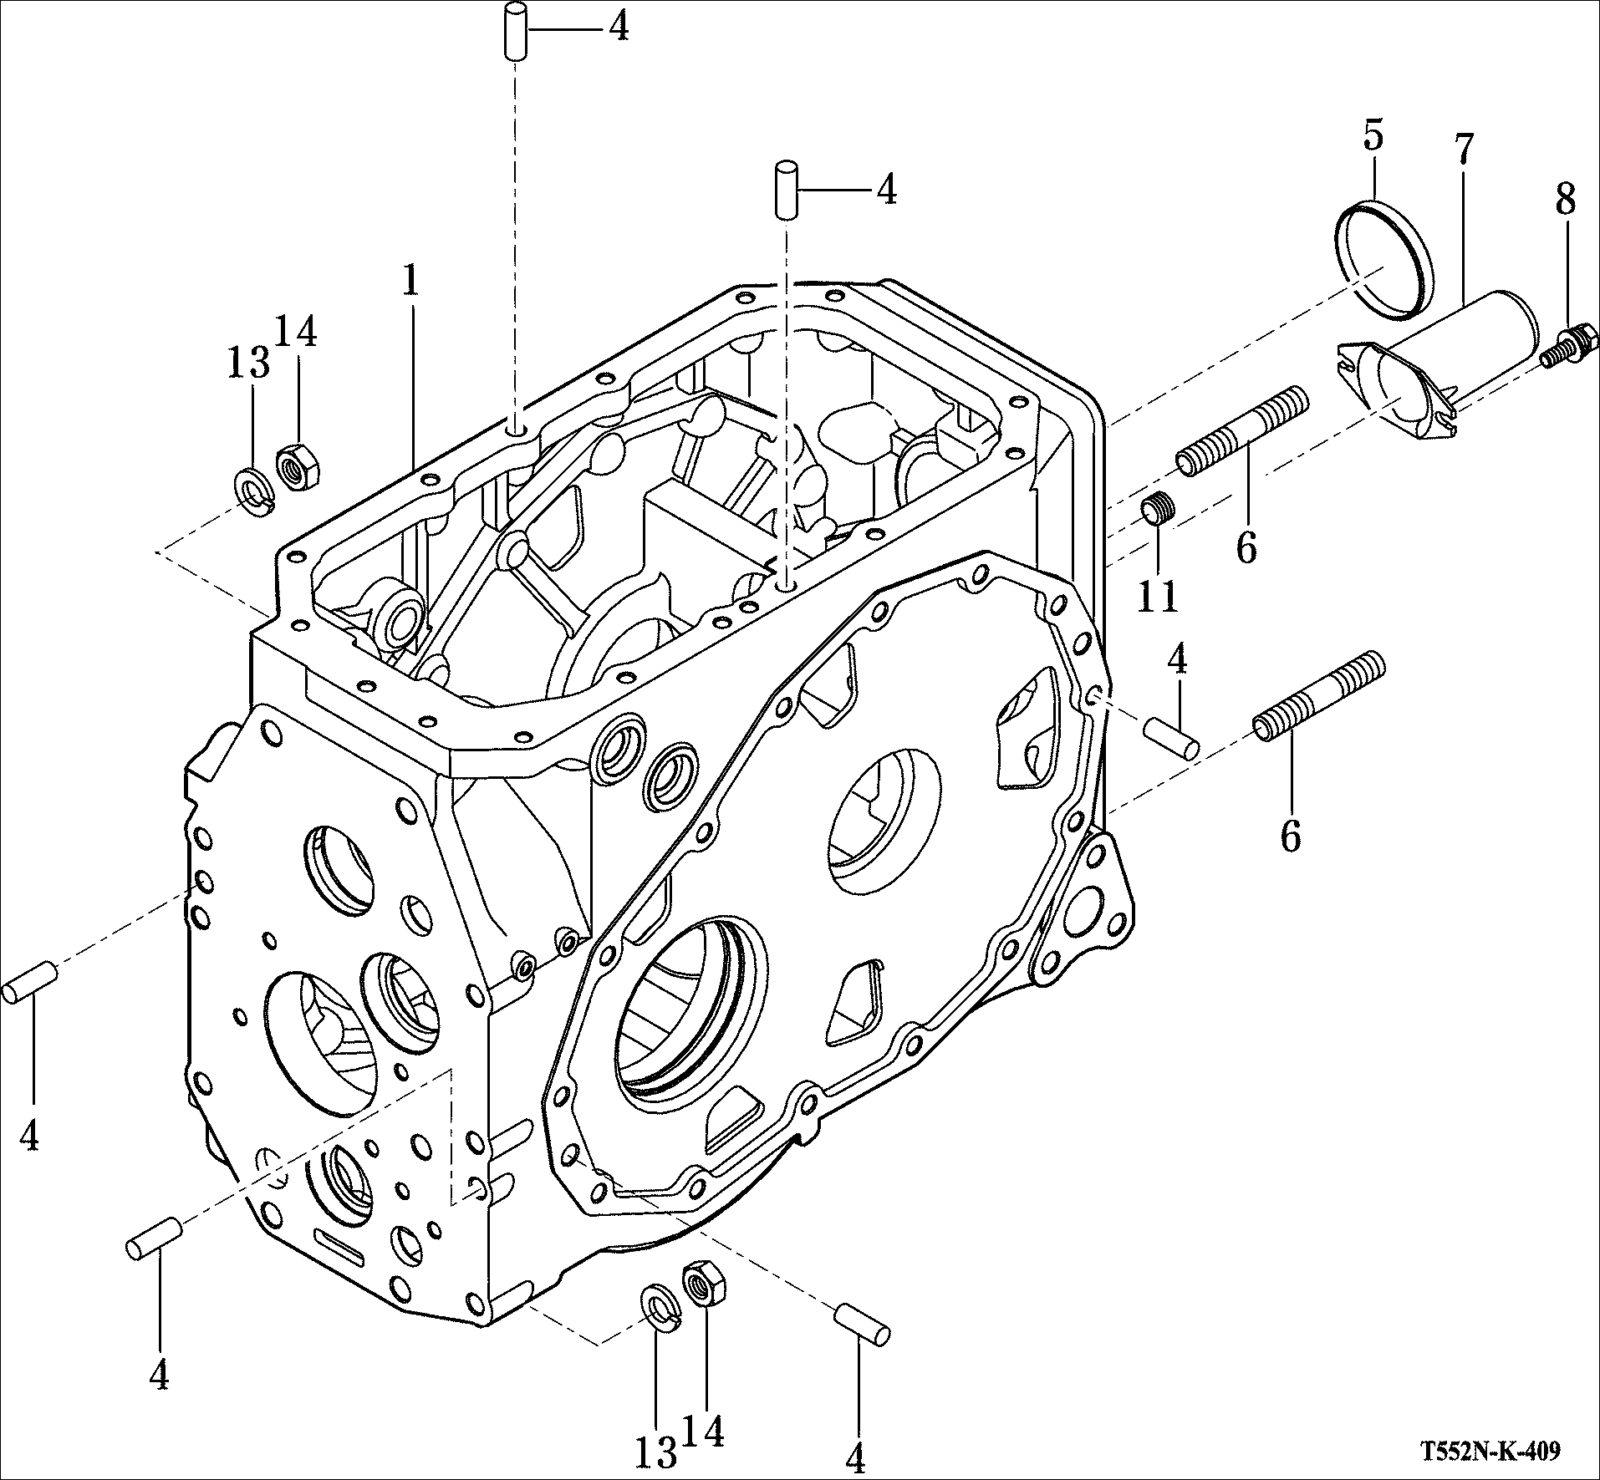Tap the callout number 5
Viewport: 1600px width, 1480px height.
click(x=1373, y=136)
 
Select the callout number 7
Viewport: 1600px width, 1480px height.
click(x=1463, y=150)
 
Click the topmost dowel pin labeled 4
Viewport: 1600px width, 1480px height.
click(x=514, y=31)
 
